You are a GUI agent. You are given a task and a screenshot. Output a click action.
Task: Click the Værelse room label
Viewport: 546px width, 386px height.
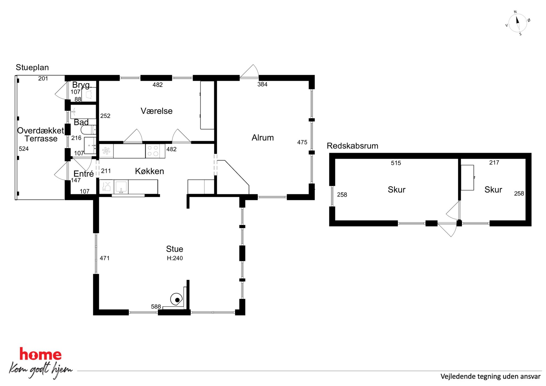click(x=156, y=111)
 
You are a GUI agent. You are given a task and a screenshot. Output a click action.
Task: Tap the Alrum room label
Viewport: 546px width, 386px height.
click(x=263, y=138)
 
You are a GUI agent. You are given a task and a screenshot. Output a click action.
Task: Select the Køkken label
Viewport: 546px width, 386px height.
click(x=149, y=171)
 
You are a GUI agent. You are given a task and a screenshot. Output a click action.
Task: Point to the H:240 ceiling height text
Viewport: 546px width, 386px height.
click(x=175, y=258)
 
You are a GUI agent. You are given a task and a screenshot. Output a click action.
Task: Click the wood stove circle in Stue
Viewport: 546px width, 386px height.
click(x=176, y=299)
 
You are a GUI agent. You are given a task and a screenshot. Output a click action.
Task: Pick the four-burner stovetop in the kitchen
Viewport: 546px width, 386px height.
click(x=153, y=151)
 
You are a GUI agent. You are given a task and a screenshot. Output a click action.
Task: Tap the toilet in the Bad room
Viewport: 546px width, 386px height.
click(x=88, y=129)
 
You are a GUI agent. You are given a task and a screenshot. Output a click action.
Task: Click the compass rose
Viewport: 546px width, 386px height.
click(x=517, y=23)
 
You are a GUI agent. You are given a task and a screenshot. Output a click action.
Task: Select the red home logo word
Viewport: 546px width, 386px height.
click(x=40, y=354)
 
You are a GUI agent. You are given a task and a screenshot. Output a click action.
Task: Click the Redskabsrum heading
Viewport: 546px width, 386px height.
click(x=352, y=146)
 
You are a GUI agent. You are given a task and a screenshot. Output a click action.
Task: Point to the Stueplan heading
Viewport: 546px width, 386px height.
click(x=32, y=67)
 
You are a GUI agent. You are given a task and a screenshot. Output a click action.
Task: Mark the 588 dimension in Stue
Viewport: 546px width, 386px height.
click(x=156, y=306)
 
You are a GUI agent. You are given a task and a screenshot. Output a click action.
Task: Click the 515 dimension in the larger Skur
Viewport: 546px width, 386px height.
click(x=396, y=163)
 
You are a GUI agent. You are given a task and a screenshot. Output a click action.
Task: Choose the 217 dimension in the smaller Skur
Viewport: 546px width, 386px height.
click(x=494, y=163)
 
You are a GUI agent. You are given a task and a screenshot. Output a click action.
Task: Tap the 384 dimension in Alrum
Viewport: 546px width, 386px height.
click(x=262, y=84)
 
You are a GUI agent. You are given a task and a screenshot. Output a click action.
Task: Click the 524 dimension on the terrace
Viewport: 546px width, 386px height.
click(x=24, y=149)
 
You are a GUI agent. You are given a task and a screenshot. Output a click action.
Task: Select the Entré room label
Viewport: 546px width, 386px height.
click(x=83, y=174)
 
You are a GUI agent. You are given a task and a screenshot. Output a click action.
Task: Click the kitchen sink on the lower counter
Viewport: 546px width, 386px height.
click(x=121, y=187)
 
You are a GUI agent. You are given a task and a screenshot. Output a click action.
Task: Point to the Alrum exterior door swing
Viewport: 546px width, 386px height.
click(x=249, y=72)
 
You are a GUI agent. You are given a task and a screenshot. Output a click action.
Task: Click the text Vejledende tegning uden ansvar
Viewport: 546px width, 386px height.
click(x=490, y=376)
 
